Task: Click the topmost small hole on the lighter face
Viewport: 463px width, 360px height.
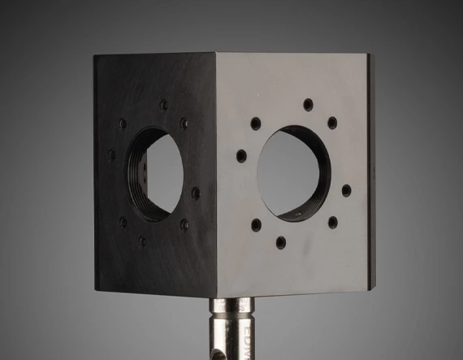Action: [x=308, y=104]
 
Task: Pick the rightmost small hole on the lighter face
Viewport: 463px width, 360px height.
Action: [x=346, y=190]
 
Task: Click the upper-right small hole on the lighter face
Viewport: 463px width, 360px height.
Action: [x=332, y=123]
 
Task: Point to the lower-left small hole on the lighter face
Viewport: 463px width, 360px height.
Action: [x=256, y=224]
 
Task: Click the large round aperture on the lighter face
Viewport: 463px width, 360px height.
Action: [x=293, y=171]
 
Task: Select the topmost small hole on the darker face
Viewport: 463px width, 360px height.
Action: [x=163, y=105]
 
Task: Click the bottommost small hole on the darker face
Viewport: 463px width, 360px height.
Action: [x=143, y=241]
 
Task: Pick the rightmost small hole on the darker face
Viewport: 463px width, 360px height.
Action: [x=195, y=193]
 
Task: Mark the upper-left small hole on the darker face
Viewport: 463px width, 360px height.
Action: [x=123, y=124]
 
